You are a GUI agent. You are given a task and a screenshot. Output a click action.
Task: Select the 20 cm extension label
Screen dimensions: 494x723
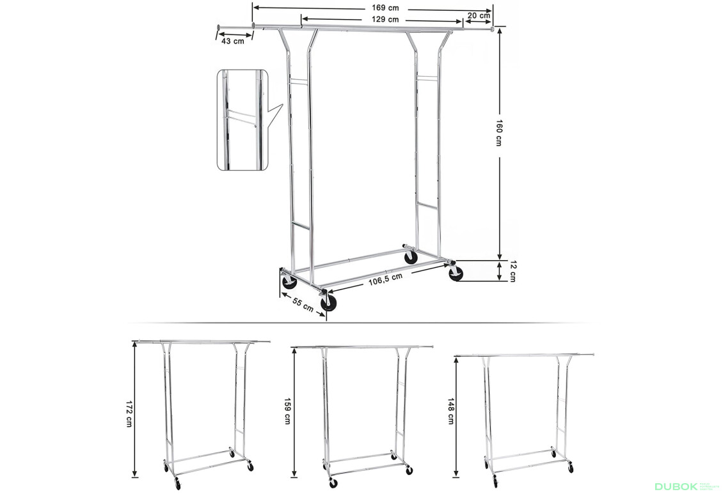pos(478,15)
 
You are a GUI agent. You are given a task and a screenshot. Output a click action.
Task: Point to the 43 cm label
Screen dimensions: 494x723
pos(232,41)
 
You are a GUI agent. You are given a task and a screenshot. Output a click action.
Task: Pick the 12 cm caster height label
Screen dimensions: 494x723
pos(512,270)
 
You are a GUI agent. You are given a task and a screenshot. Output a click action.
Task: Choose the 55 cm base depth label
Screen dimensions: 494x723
pos(303,305)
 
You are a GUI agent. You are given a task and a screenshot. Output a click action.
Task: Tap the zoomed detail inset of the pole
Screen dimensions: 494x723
pos(241,120)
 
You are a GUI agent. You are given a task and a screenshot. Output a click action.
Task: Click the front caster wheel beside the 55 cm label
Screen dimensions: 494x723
pos(329,302)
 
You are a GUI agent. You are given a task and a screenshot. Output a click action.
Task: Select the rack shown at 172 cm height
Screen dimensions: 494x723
pos(203,409)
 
